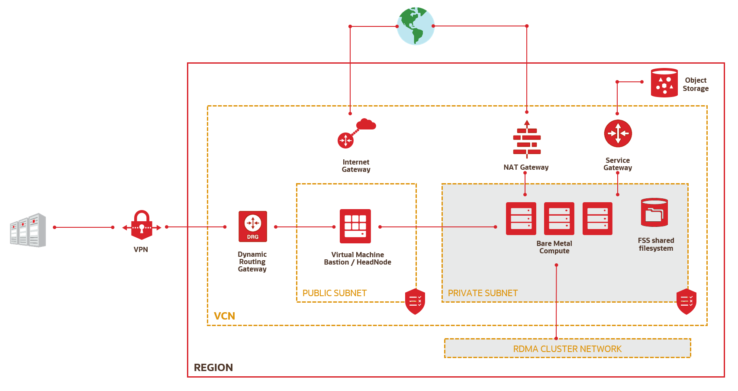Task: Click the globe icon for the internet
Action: [x=416, y=26]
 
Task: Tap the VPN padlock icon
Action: [x=142, y=225]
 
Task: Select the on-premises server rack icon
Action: [x=28, y=230]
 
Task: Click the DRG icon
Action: [x=253, y=226]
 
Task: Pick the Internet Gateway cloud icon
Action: [x=356, y=133]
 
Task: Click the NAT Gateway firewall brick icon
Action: [x=527, y=140]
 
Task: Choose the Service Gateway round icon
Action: [x=618, y=133]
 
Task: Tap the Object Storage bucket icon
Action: [x=664, y=83]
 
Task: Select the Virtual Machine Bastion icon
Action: [x=355, y=226]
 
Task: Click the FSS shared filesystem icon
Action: [x=654, y=213]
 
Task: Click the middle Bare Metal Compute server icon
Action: [x=559, y=219]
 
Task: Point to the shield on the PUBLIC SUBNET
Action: [x=415, y=301]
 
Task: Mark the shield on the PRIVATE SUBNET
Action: [x=686, y=301]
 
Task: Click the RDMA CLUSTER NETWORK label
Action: [x=567, y=349]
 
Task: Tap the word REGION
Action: [x=213, y=368]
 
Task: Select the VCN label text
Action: [x=224, y=316]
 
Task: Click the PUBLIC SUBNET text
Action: [x=334, y=293]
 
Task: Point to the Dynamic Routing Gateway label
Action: [x=252, y=262]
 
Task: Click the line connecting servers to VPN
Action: [x=84, y=227]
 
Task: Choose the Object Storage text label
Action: [x=696, y=84]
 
